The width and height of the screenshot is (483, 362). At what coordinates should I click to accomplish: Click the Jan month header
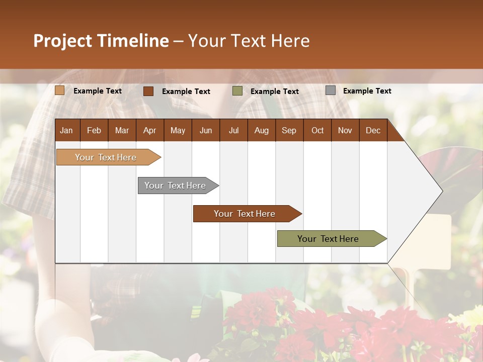pos(67,130)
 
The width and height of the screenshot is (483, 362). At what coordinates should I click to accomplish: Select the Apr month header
pos(150,130)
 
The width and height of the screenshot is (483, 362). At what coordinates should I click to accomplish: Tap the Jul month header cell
pos(233,130)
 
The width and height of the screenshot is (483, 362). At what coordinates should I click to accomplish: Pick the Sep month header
pos(289,130)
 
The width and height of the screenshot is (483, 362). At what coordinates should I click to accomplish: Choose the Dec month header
pos(373,130)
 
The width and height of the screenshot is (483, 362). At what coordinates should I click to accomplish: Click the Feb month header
pos(94,130)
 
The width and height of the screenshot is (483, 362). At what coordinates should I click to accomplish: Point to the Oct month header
pos(317,130)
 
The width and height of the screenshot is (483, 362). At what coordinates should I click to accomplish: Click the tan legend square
pos(60,90)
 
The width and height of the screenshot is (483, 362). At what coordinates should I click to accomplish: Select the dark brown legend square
pos(148,91)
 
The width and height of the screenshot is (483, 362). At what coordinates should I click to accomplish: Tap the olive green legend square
pos(237,91)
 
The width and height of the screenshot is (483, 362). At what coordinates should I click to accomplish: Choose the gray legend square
pos(331,90)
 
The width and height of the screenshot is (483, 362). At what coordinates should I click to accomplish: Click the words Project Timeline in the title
pos(101,41)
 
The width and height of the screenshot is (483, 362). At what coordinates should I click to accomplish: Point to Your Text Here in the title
pos(249,41)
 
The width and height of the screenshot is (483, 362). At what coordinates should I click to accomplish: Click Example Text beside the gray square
pos(367,91)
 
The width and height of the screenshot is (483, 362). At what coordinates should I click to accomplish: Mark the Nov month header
pos(345,130)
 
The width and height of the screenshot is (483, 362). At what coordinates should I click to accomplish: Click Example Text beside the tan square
pos(98,91)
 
